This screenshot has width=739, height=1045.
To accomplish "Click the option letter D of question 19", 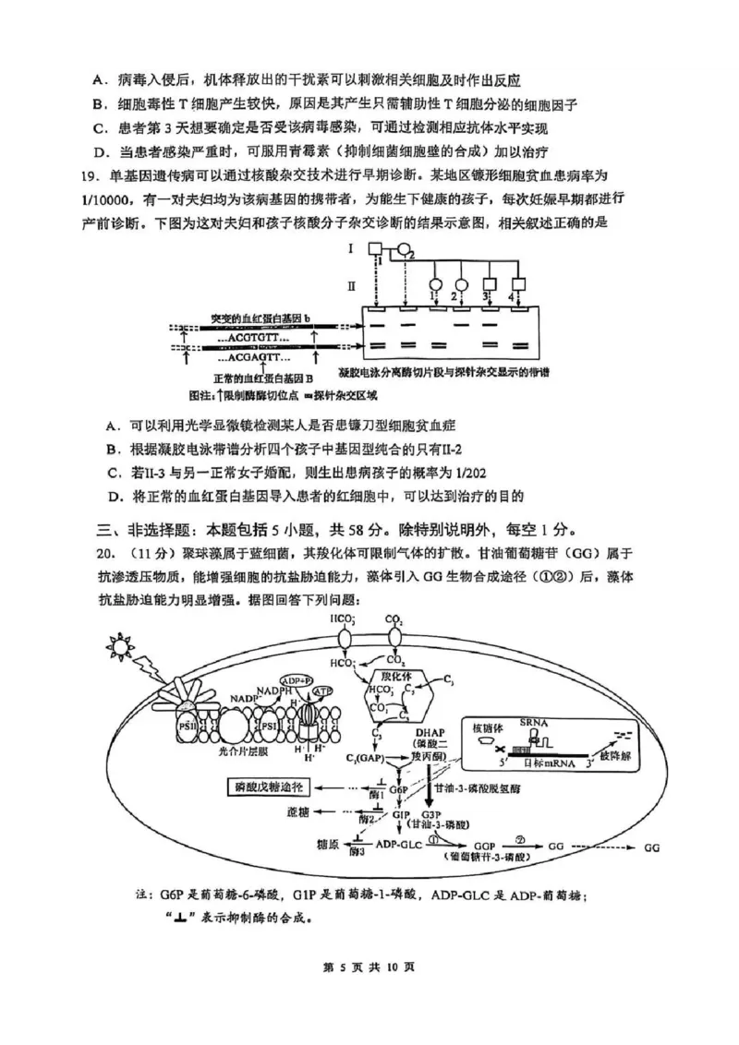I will tap(115, 496).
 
